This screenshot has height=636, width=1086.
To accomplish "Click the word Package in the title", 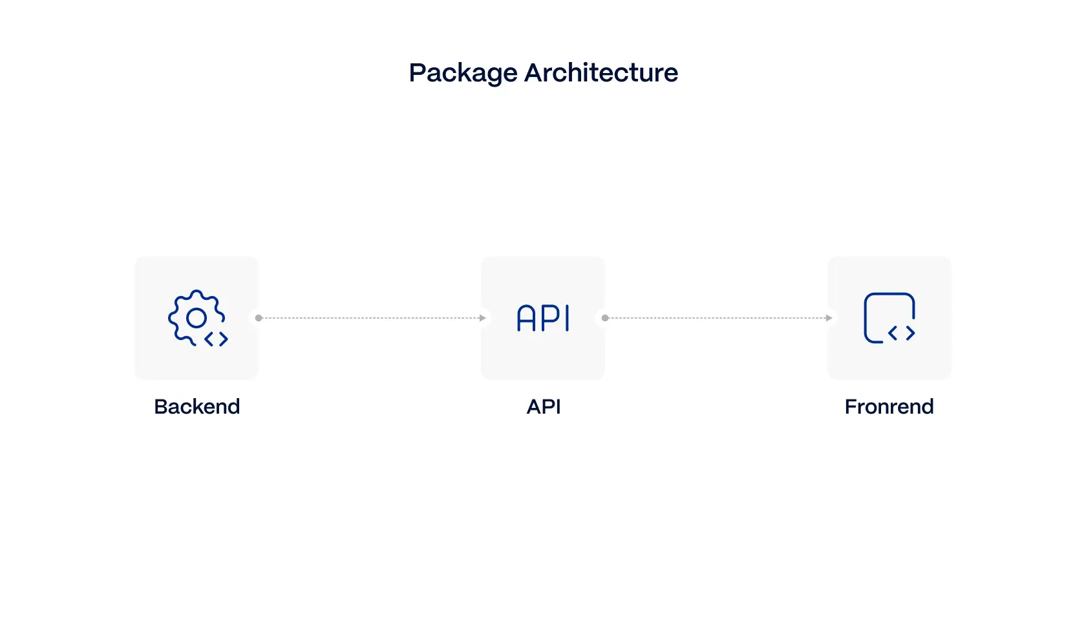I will point(463,73).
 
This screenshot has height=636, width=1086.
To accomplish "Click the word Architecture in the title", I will point(601,72).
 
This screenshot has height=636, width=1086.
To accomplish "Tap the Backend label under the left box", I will point(197,407).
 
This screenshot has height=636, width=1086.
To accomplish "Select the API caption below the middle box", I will point(544,407).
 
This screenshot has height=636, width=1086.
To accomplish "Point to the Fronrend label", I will point(889,407).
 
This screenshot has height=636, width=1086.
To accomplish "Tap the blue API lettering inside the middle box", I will point(543,318).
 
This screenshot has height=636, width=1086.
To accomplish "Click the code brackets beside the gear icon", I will point(217,339).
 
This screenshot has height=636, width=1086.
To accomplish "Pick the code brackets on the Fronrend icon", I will point(902,333).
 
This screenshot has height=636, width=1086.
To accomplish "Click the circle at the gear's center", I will point(197,317).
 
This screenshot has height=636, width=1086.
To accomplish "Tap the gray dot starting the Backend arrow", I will point(259,318).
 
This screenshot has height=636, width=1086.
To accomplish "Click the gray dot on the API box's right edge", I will point(605,318).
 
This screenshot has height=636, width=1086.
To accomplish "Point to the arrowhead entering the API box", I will point(483,318).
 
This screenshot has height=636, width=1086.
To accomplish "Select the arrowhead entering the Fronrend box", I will point(829,318).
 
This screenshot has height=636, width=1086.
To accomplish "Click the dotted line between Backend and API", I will point(372,318).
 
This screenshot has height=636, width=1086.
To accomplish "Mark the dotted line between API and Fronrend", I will point(718,318).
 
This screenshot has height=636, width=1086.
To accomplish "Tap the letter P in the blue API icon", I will point(549,318).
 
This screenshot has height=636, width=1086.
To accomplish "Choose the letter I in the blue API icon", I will point(568,318).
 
